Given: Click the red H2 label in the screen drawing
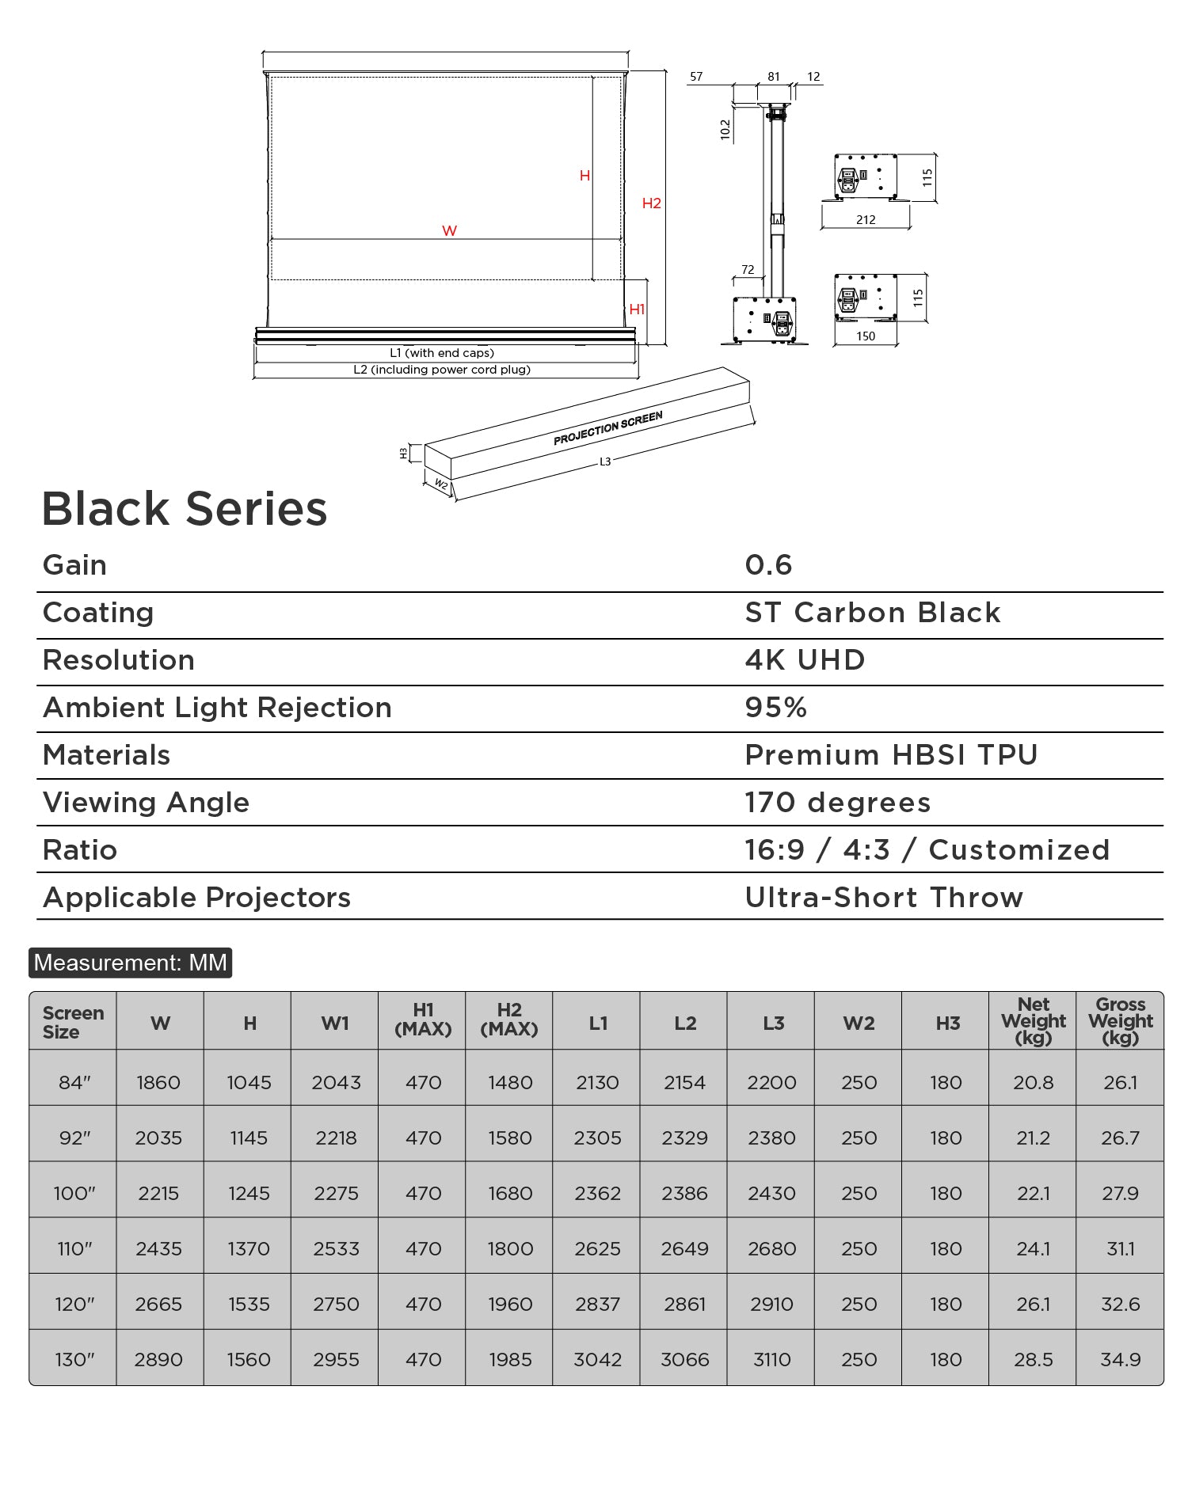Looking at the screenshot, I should (651, 203).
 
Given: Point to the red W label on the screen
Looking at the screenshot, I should (449, 231).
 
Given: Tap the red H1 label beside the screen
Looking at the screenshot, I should (637, 310).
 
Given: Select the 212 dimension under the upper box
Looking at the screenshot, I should (866, 220).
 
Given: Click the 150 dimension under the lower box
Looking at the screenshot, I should (866, 336).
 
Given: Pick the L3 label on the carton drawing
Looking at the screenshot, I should (605, 461).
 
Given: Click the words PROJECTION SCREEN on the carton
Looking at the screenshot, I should (607, 428).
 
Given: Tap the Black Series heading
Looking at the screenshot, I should (185, 508).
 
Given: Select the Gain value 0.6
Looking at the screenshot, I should (768, 565).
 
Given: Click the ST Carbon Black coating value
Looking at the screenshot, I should (873, 613).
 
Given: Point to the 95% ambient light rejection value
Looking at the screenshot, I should (776, 708).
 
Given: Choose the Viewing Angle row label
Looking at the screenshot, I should (147, 803).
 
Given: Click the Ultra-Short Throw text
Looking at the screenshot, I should (884, 898).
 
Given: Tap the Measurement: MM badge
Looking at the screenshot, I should (131, 963).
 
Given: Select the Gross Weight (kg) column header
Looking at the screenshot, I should (1120, 1021).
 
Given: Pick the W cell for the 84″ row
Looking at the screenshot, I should (159, 1082).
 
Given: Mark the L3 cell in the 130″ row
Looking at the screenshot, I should (772, 1360).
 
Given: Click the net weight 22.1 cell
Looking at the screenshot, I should (1033, 1194).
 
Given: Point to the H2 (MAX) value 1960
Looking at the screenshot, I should (510, 1305).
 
